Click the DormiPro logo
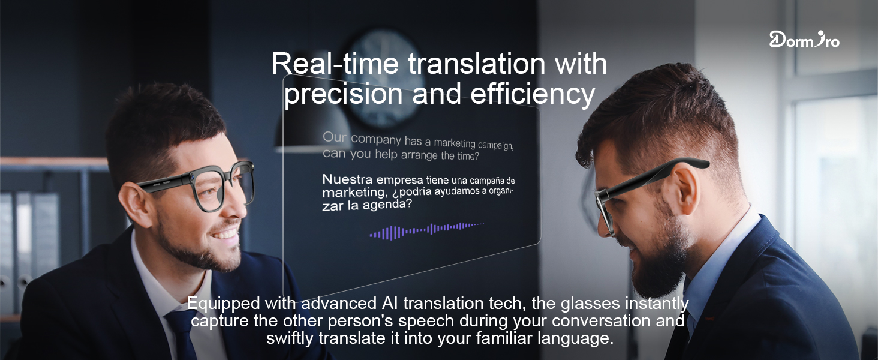click(x=804, y=40)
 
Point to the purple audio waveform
click(x=426, y=230)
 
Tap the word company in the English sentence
click(x=376, y=139)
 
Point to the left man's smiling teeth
click(x=224, y=231)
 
